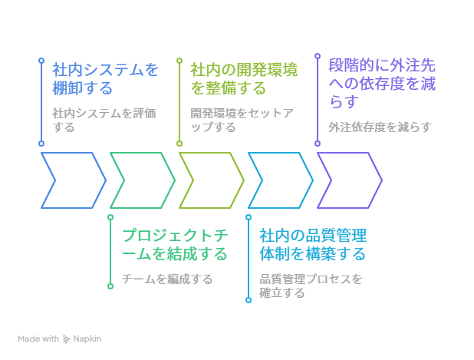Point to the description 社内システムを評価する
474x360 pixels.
click(104, 120)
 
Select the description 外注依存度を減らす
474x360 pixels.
click(380, 127)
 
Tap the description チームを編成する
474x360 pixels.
click(167, 279)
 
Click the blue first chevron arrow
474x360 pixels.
click(73, 180)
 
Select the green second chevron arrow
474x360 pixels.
click(142, 180)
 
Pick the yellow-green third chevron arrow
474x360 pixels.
click(211, 180)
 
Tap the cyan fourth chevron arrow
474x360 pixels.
click(280, 180)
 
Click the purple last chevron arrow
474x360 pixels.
click(349, 180)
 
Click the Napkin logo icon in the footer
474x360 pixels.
click(67, 339)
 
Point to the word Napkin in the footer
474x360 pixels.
click(87, 339)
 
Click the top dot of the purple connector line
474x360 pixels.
click(318, 56)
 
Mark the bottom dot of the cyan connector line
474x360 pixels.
click(249, 300)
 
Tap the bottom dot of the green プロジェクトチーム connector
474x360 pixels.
click(110, 286)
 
